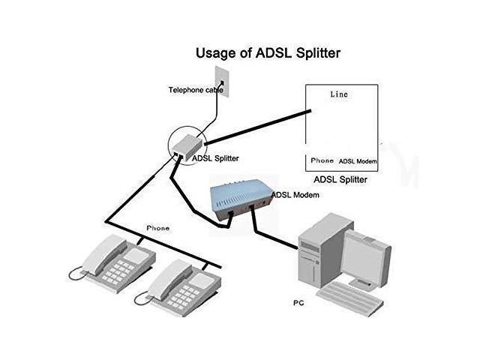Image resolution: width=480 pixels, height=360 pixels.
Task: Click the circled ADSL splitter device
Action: pyautogui.click(x=184, y=142)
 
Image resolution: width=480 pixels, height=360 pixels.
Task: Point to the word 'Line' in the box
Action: pyautogui.click(x=340, y=95)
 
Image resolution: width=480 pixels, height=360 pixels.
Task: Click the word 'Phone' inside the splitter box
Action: pyautogui.click(x=322, y=160)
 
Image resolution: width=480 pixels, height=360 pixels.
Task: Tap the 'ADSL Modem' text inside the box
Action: pyautogui.click(x=357, y=161)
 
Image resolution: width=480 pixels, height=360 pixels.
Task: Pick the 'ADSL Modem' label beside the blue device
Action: pyautogui.click(x=295, y=195)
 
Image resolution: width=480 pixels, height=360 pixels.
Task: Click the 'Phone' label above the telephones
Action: pyautogui.click(x=157, y=227)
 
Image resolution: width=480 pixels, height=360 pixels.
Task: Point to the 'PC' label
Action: pyautogui.click(x=298, y=305)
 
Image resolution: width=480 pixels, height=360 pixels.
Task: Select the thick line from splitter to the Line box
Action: pyautogui.click(x=255, y=127)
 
